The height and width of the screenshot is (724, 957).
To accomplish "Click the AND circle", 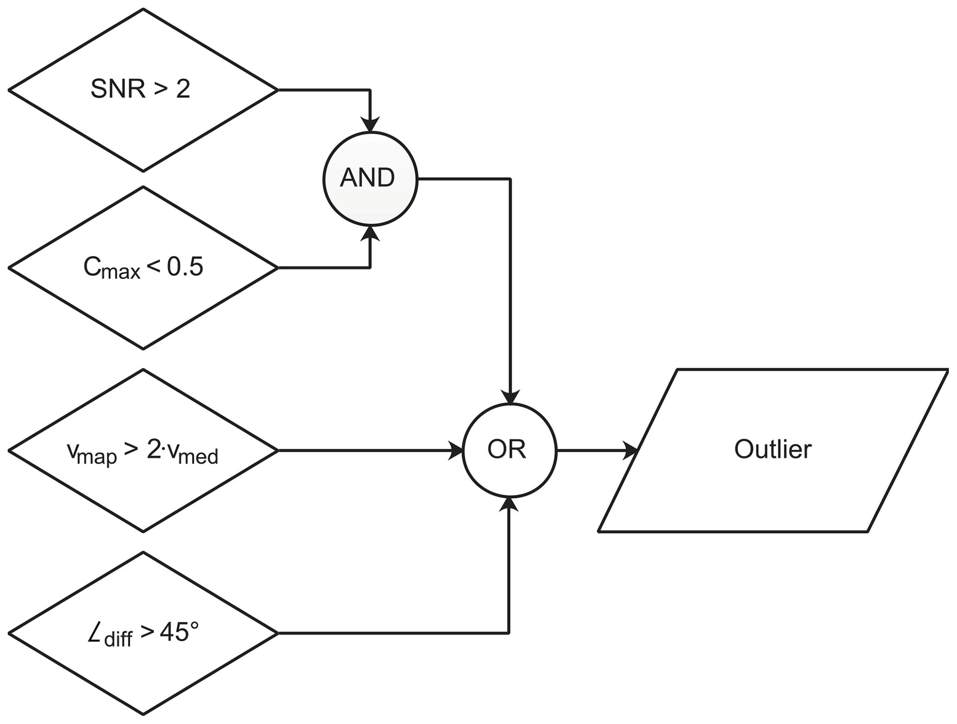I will pyautogui.click(x=370, y=179).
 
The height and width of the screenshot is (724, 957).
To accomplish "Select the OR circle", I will pyautogui.click(x=509, y=450).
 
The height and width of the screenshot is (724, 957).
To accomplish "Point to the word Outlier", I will pyautogui.click(x=772, y=449).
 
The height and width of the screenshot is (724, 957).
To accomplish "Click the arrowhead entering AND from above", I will pyautogui.click(x=370, y=125).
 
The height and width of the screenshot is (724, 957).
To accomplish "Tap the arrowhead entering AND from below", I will pyautogui.click(x=370, y=233).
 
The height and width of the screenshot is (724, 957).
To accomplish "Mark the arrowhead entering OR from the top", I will pyautogui.click(x=510, y=397).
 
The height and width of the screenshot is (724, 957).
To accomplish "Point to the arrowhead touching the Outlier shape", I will pyautogui.click(x=631, y=450).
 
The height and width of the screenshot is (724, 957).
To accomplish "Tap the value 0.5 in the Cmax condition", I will pyautogui.click(x=185, y=267).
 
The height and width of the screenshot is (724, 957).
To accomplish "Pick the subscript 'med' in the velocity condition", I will pyautogui.click(x=198, y=458).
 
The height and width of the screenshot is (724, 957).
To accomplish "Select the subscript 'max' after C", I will pyautogui.click(x=120, y=272).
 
